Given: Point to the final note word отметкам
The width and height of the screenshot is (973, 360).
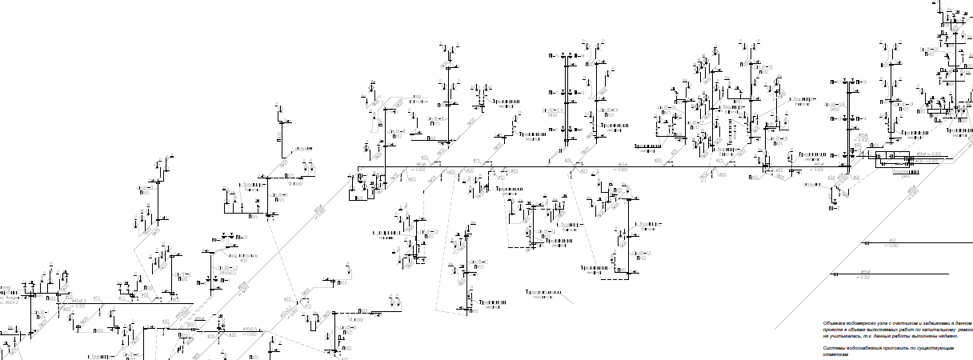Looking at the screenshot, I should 835,356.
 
